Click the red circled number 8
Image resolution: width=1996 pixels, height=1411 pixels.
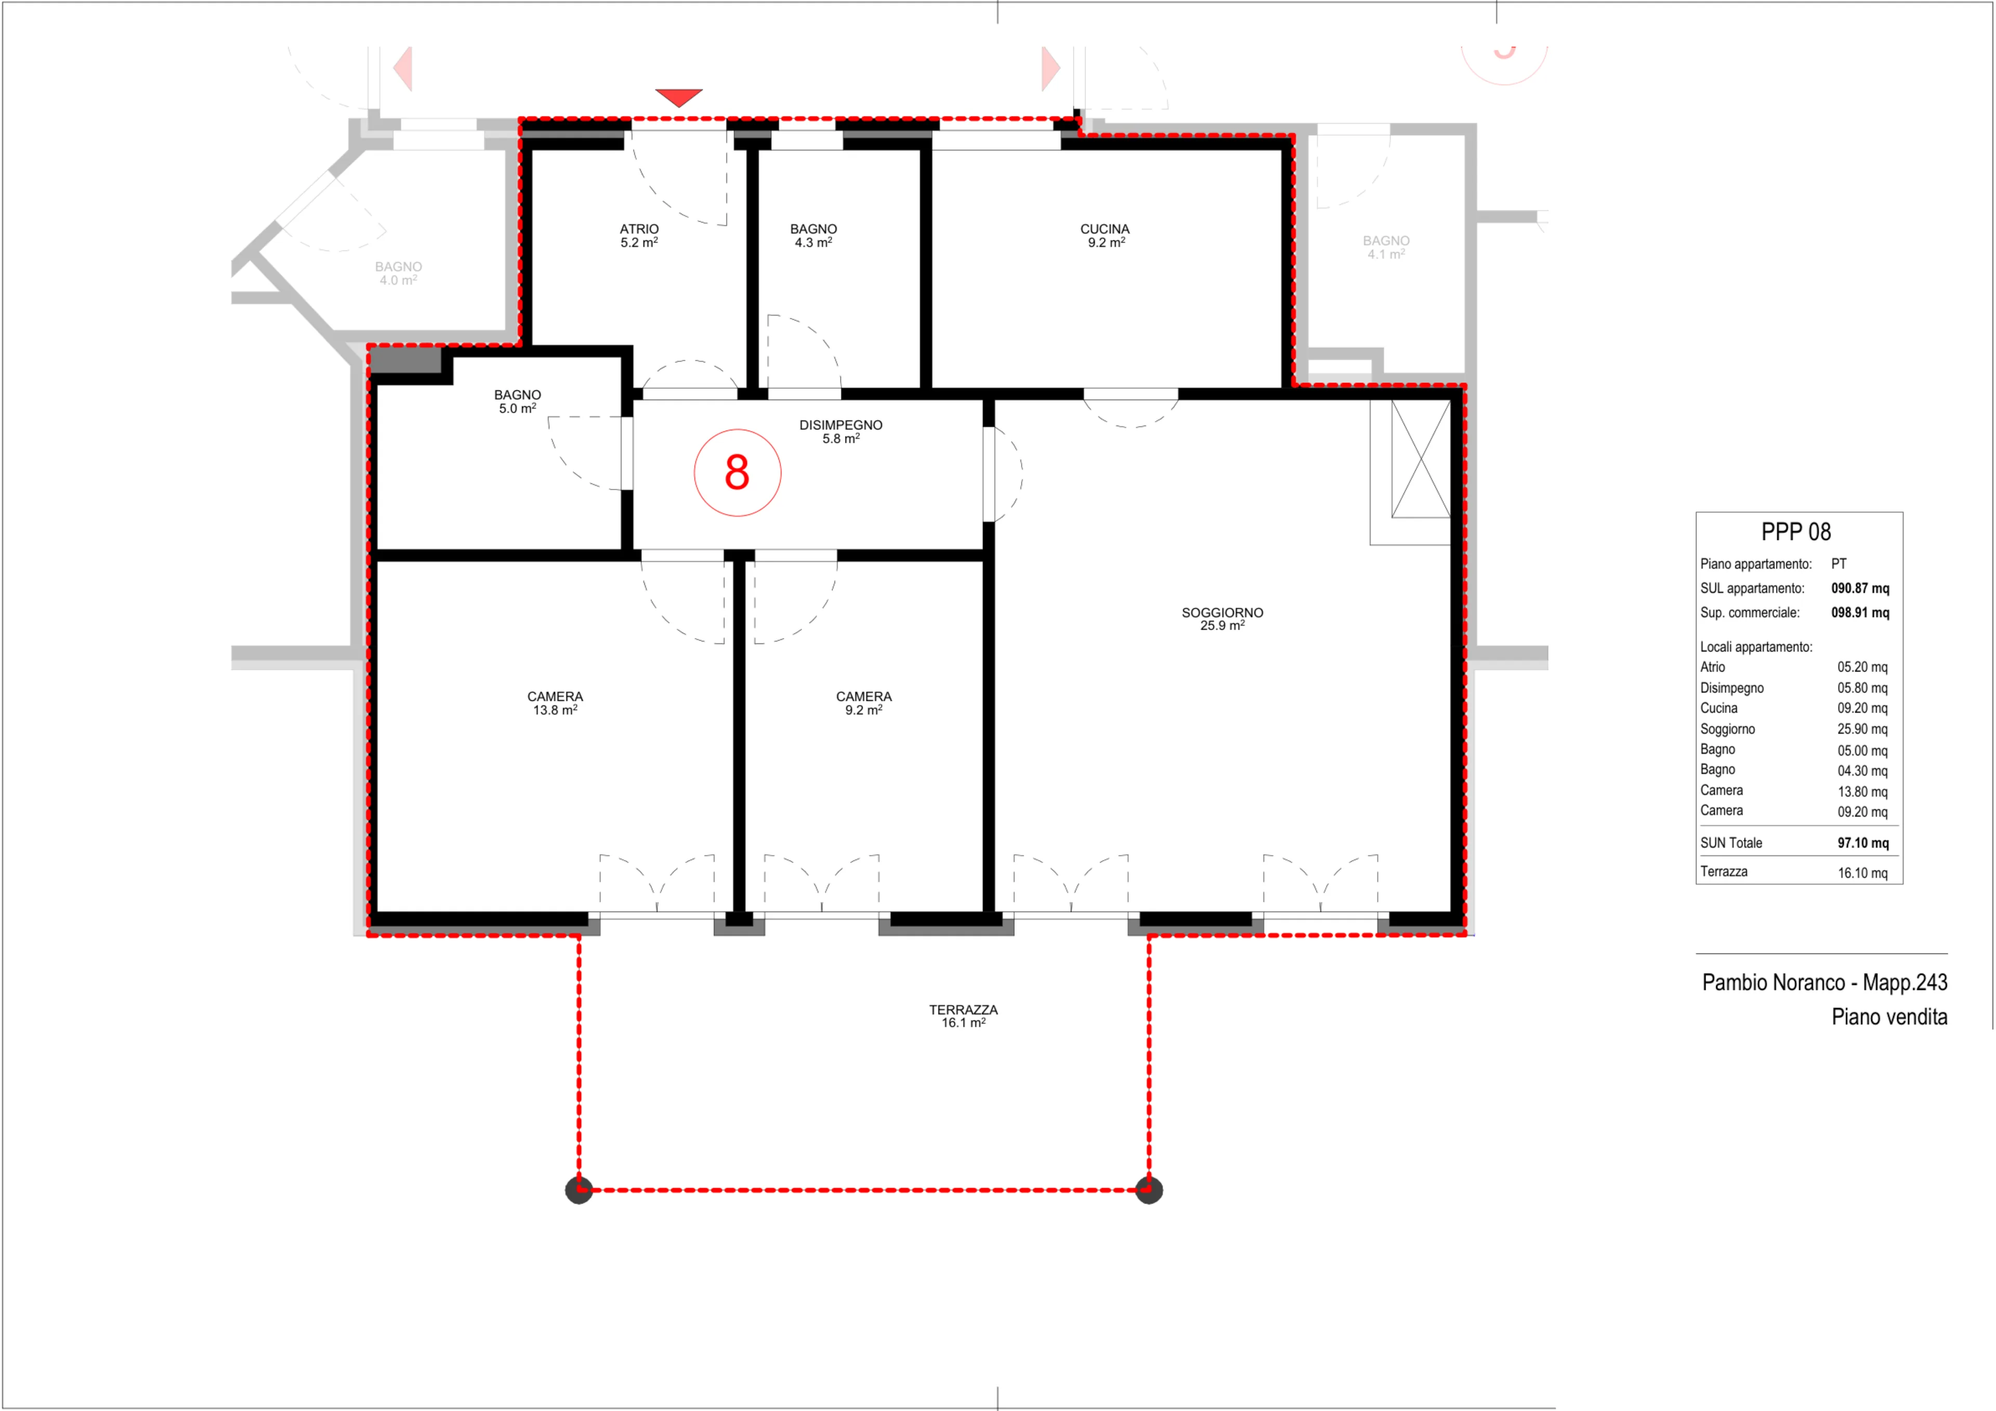(737, 473)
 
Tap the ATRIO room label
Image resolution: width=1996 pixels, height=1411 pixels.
(639, 229)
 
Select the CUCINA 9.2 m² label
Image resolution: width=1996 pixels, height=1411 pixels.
(1105, 235)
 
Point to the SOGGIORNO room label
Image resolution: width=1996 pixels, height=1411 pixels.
(1222, 613)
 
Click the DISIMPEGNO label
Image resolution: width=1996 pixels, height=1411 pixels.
(841, 425)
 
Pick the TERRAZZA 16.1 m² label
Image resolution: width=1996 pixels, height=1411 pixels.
(963, 1017)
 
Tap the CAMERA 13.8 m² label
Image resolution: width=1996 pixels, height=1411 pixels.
(555, 703)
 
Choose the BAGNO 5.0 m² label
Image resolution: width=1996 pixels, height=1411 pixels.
(517, 402)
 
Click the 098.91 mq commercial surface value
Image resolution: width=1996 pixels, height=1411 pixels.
(1860, 613)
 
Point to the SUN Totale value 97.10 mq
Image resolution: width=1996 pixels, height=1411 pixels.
(1863, 843)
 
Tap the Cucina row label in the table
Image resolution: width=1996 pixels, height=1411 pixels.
(1718, 708)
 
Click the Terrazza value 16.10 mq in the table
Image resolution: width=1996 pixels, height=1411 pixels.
(1862, 874)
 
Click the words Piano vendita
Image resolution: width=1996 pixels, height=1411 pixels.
(1889, 1017)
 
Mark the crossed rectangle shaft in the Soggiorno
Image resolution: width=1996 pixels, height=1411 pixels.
(1421, 459)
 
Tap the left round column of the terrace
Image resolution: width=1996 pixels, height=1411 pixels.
(579, 1190)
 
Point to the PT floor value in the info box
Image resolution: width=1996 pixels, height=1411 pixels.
(1839, 564)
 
